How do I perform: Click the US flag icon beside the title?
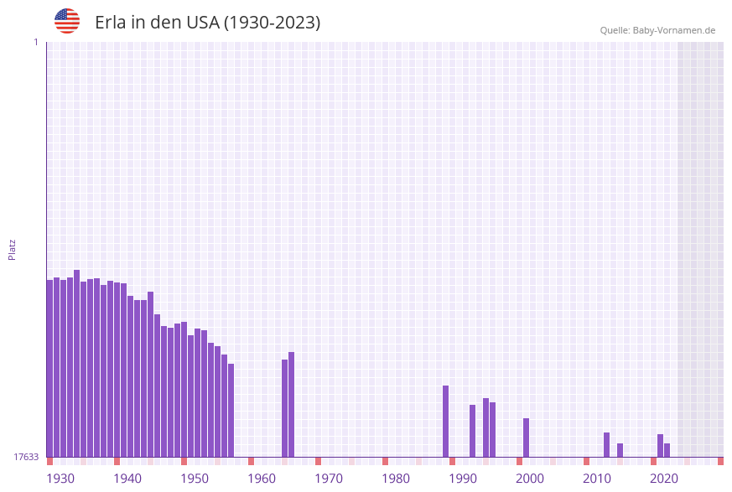point(67,21)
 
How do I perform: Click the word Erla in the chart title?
point(110,23)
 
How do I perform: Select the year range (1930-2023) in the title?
point(272,23)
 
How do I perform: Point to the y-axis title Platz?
point(12,249)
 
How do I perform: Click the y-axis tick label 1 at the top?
point(35,42)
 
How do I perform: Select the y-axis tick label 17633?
point(26,457)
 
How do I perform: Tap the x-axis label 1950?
point(194,478)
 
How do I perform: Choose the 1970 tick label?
point(328,478)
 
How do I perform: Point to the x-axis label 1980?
point(395,478)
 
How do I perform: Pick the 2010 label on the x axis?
point(596,478)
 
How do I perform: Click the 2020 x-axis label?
point(663,478)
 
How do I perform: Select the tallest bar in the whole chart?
point(76,364)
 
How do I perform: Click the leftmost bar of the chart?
point(49,369)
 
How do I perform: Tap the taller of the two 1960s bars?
point(291,404)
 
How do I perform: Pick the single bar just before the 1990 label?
point(445,421)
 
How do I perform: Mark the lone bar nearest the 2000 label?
point(526,438)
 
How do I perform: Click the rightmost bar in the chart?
point(667,450)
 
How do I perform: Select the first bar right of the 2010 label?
point(606,444)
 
